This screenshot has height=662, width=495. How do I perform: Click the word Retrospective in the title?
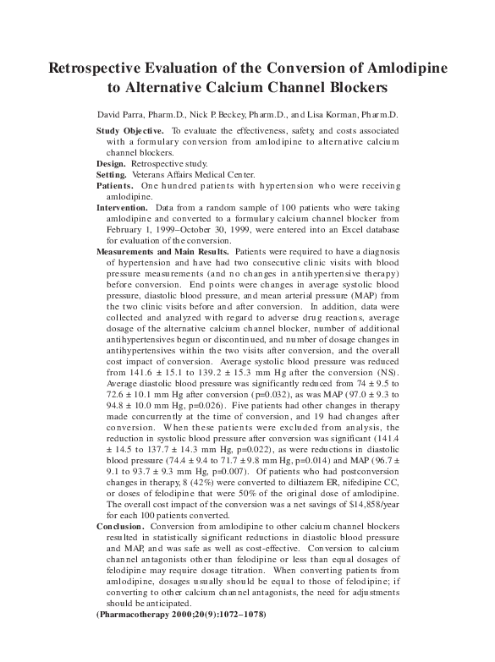[104, 68]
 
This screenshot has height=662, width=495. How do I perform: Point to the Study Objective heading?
[130, 131]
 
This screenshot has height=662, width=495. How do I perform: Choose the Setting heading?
[113, 173]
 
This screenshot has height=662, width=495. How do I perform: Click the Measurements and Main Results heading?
[162, 251]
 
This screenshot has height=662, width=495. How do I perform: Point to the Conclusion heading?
[120, 527]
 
